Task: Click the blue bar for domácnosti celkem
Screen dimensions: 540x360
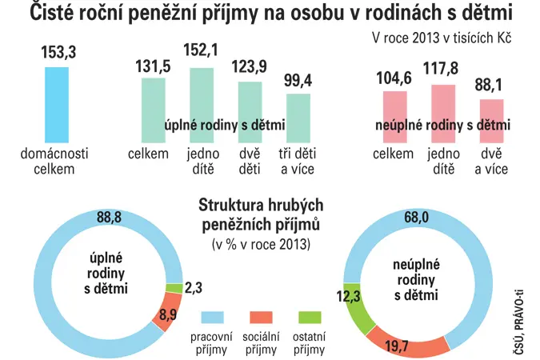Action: click(57, 105)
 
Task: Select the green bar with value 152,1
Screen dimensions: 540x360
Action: click(202, 105)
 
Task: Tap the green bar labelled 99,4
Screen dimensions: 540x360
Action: click(298, 118)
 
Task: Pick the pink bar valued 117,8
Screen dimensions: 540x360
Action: click(443, 114)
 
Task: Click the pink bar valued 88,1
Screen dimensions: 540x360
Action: click(492, 121)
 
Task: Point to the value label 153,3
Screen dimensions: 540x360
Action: click(58, 52)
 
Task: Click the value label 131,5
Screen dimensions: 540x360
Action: click(153, 66)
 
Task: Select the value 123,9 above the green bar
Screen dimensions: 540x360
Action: click(249, 66)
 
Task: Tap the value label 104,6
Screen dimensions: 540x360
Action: click(394, 78)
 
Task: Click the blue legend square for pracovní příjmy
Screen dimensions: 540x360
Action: click(212, 318)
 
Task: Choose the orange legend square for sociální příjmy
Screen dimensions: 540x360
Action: click(261, 318)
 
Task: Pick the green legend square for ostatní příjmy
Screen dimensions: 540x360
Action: click(310, 318)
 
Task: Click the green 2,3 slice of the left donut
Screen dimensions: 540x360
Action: click(174, 289)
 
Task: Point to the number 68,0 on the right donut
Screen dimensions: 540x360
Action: click(416, 218)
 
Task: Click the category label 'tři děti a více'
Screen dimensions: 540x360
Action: click(298, 162)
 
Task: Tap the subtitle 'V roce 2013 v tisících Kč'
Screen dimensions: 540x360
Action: click(442, 38)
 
